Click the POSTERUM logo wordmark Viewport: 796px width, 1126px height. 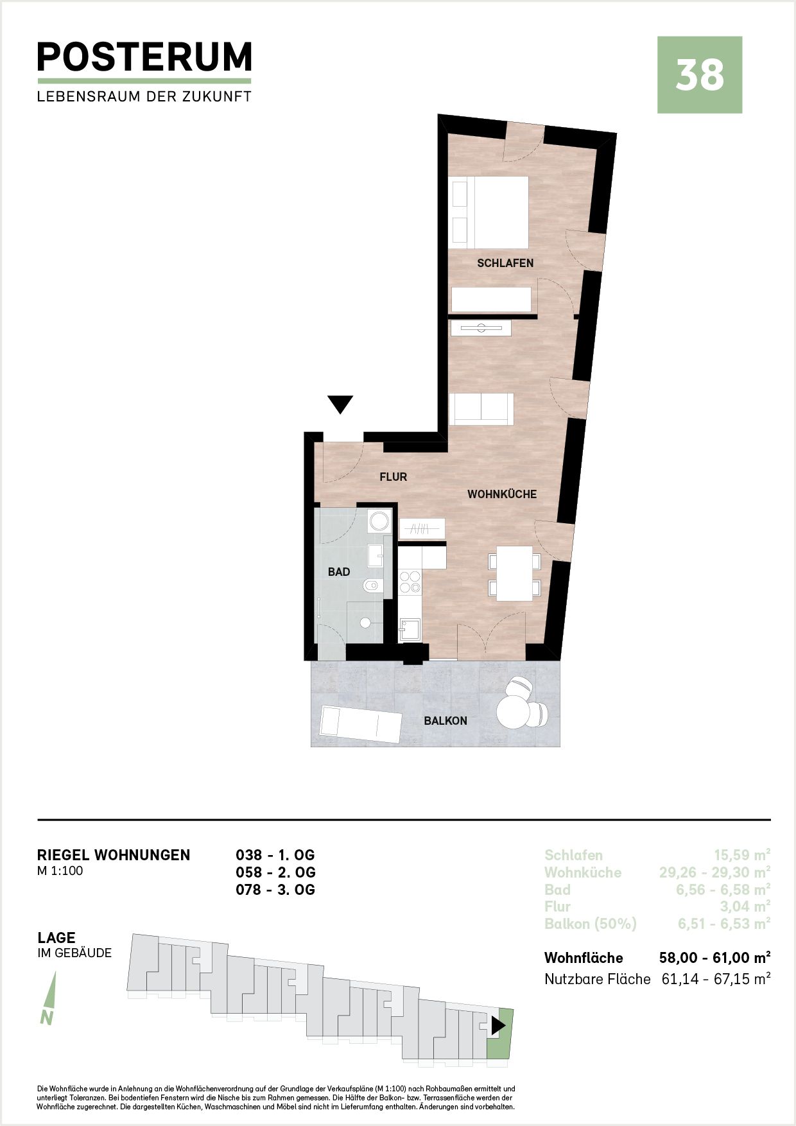click(x=144, y=57)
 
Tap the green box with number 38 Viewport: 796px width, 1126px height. click(x=700, y=75)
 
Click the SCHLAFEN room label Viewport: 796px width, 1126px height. click(x=505, y=263)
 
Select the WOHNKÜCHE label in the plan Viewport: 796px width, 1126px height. click(x=502, y=494)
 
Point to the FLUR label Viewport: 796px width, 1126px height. click(x=394, y=477)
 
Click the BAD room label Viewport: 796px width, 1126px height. click(x=339, y=572)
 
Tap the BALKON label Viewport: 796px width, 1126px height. click(x=446, y=721)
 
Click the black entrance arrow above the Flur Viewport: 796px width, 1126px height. click(x=340, y=404)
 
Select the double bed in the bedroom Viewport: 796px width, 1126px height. click(x=490, y=212)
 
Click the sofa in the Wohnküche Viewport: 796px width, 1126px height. click(x=481, y=409)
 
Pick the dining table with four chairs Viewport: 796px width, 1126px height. click(x=514, y=573)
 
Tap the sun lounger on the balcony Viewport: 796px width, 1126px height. click(x=360, y=724)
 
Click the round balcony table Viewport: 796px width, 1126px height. click(x=514, y=712)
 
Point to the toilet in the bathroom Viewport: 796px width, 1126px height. click(x=373, y=585)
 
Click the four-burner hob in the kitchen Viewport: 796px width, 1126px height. click(x=410, y=582)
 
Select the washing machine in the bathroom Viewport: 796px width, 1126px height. click(x=379, y=521)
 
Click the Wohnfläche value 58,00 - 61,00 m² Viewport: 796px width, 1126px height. click(x=715, y=958)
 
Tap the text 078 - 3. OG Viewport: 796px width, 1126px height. click(x=275, y=890)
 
